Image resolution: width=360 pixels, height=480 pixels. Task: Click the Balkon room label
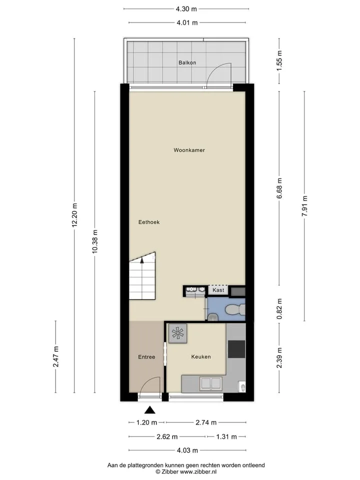(187, 62)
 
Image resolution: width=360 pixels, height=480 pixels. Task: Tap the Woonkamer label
(189, 150)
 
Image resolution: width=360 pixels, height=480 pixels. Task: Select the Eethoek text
(149, 222)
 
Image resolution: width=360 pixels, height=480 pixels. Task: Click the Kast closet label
(218, 290)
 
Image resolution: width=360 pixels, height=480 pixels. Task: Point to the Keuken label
(201, 356)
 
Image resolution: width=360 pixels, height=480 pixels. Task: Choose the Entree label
(146, 357)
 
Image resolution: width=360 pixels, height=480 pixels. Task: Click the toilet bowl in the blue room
(235, 310)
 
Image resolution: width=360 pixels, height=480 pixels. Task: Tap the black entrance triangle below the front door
(149, 410)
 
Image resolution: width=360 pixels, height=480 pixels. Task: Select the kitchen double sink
(210, 383)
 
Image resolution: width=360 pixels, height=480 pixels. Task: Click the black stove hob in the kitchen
(236, 349)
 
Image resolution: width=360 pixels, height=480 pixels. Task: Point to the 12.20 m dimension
(74, 215)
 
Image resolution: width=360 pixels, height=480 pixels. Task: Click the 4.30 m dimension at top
(186, 9)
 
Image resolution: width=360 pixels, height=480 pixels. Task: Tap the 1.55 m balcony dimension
(279, 60)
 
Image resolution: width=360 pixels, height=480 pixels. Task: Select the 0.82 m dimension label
(279, 309)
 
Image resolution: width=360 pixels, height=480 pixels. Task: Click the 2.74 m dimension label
(206, 422)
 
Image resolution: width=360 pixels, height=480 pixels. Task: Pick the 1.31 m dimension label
(226, 436)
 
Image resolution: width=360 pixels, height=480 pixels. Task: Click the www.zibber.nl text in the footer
(198, 471)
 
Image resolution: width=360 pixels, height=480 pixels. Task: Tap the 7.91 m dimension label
(304, 206)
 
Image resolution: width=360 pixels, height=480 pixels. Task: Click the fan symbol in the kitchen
(178, 333)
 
